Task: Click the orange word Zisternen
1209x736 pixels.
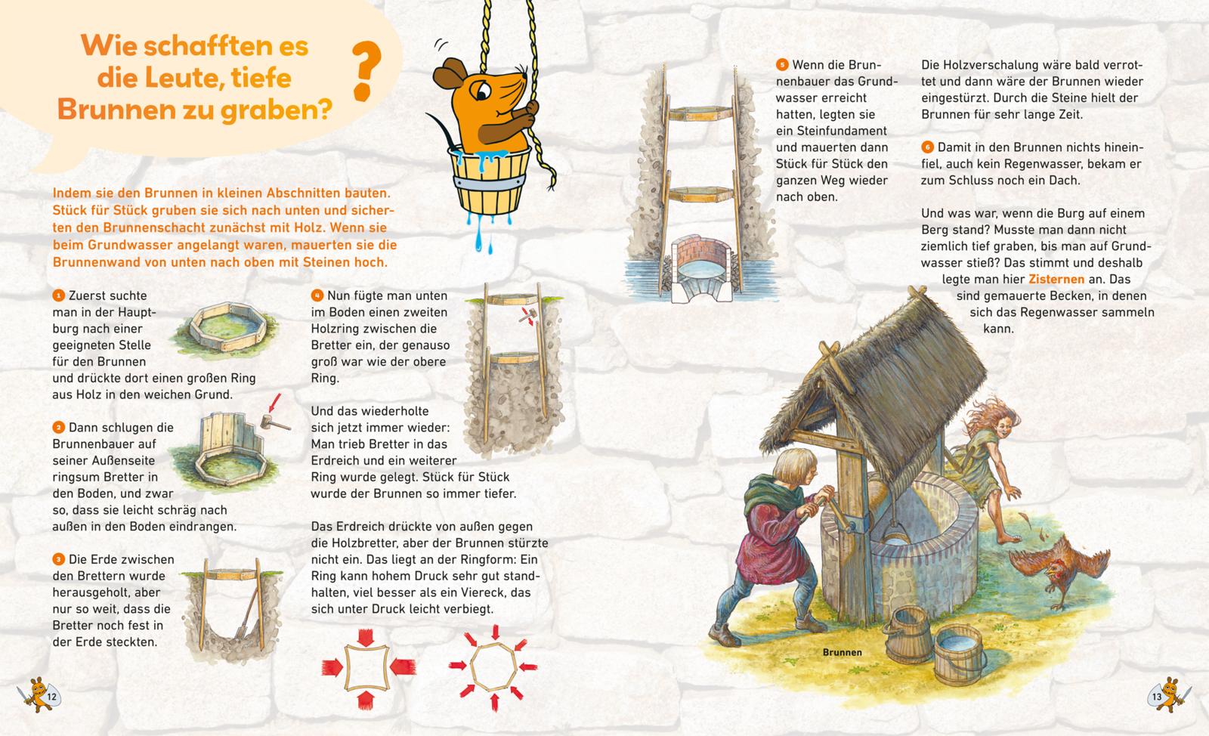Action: click(x=1056, y=279)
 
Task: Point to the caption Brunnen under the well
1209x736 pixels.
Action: click(x=842, y=652)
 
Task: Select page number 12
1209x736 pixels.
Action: click(x=52, y=697)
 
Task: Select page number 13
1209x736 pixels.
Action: click(x=1157, y=697)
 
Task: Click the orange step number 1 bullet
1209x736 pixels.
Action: click(x=58, y=295)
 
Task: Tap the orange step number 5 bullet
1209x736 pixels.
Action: click(x=782, y=65)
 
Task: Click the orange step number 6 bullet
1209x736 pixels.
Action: click(x=927, y=147)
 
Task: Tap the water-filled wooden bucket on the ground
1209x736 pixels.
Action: click(x=959, y=654)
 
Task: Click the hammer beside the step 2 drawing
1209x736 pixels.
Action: click(x=274, y=422)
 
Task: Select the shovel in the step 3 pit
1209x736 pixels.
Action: click(x=246, y=612)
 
